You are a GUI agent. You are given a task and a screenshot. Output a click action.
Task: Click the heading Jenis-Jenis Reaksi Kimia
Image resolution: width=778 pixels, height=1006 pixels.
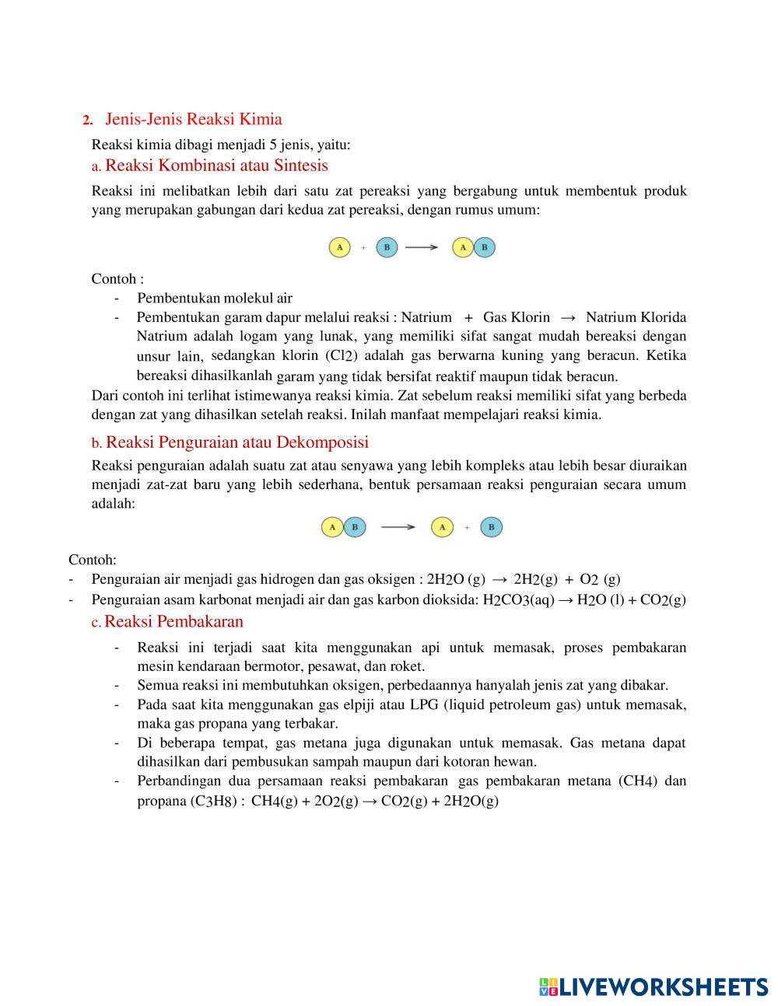[193, 119]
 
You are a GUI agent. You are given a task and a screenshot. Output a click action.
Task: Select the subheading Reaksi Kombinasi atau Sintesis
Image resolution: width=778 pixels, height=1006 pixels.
[216, 166]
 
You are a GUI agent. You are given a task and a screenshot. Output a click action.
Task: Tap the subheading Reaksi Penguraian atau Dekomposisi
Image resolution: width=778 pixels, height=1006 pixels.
[237, 442]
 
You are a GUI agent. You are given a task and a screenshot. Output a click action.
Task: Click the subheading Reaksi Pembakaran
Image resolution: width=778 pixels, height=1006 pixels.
[173, 621]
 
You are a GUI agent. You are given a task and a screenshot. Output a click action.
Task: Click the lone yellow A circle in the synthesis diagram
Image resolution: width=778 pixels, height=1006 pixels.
[339, 247]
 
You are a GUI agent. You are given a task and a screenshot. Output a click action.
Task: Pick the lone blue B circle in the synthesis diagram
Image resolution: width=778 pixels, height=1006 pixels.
[387, 247]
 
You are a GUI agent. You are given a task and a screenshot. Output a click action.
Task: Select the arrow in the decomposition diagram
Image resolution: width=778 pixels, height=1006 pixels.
[398, 527]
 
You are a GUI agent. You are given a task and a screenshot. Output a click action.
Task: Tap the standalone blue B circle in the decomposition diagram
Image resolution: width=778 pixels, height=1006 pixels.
[491, 527]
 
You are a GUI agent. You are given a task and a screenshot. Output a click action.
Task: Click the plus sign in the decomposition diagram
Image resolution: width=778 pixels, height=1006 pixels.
[467, 527]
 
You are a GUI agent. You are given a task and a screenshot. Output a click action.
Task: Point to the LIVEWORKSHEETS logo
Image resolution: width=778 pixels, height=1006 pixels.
[653, 987]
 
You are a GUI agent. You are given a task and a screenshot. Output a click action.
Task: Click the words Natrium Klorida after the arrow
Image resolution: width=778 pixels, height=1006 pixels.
[636, 317]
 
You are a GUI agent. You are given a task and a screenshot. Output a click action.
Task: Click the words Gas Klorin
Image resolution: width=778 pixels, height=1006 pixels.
[516, 317]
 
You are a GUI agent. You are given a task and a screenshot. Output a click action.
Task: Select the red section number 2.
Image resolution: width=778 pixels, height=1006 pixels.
[87, 120]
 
